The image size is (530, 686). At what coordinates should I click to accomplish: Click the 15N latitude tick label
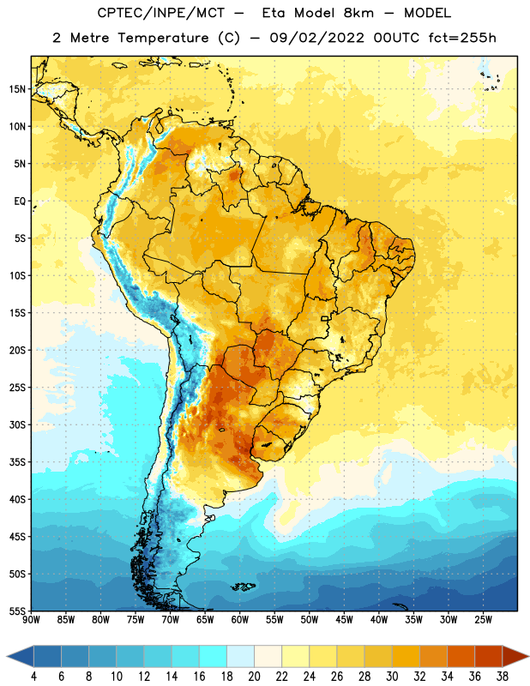coord(16,89)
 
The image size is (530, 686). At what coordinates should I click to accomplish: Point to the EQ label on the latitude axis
coord(20,202)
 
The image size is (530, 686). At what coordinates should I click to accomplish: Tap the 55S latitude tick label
coord(16,611)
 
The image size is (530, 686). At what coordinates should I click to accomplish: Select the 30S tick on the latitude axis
coord(16,424)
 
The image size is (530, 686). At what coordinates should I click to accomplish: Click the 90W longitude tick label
coord(31,620)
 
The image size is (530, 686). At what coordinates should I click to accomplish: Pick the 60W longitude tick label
coord(240,620)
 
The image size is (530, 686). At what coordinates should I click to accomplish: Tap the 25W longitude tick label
coord(483,620)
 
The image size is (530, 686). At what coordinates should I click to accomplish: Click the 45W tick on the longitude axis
coord(344,620)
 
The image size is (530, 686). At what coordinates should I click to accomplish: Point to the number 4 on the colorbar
coord(33,677)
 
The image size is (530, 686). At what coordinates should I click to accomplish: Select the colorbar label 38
coord(502,677)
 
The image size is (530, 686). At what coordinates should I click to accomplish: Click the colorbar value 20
coord(254,677)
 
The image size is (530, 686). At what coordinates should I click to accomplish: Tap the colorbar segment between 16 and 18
coord(213,656)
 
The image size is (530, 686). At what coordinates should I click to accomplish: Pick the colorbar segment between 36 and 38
coord(489,656)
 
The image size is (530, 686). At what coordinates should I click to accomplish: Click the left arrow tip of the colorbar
coord(7,656)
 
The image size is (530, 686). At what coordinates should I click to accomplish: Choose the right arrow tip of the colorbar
coord(528,656)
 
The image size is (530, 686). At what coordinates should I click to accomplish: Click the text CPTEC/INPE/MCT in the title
coord(160,13)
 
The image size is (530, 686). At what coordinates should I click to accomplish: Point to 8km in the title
coord(358,13)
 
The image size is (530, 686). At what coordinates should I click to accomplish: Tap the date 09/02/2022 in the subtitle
coord(316,38)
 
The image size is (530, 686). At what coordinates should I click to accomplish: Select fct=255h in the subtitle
coord(462,38)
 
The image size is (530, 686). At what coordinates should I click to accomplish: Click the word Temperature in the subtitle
coord(163,39)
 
